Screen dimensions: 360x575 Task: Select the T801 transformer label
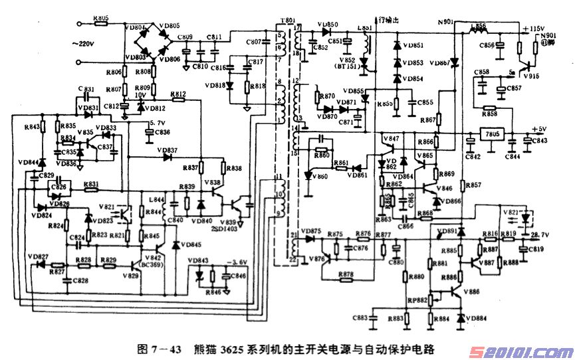point(287,21)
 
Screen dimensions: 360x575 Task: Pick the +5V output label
point(539,129)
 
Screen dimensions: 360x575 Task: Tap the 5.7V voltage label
point(157,123)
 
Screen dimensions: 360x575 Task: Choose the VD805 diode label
point(170,26)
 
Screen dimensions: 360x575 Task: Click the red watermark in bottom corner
point(526,349)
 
